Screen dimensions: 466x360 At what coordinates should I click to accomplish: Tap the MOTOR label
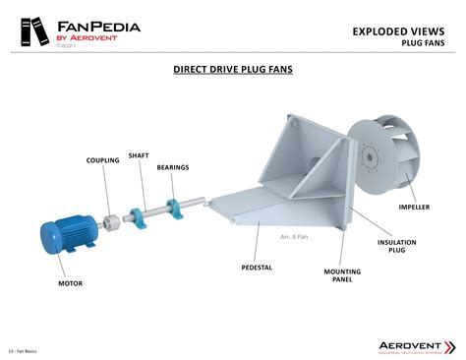coord(70,283)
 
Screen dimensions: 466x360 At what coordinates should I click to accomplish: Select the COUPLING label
coord(102,160)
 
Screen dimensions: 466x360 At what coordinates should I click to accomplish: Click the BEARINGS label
coord(172,167)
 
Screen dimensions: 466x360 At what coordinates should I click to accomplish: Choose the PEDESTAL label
coord(257,267)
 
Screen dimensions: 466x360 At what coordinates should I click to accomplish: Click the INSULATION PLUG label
coord(397,246)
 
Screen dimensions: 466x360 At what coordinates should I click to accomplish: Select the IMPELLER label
coord(414,208)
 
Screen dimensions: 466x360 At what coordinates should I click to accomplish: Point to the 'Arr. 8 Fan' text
coord(294,236)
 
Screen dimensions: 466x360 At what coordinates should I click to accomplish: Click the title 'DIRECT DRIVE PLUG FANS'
coord(233,70)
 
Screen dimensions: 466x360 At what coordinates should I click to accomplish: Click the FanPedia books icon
coord(29,32)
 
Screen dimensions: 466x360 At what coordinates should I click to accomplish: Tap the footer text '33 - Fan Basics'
coord(23,350)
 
